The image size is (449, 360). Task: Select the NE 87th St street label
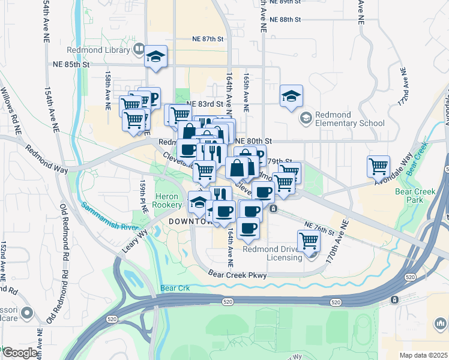pos(208,38)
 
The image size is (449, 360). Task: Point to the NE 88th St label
pos(285,19)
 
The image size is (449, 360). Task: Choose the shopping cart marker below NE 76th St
pos(309,241)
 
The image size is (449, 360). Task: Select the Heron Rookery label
pos(168,200)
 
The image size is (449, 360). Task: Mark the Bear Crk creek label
pos(175,288)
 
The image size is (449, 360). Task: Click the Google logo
pos(20,353)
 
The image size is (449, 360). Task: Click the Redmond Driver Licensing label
pos(273,253)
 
